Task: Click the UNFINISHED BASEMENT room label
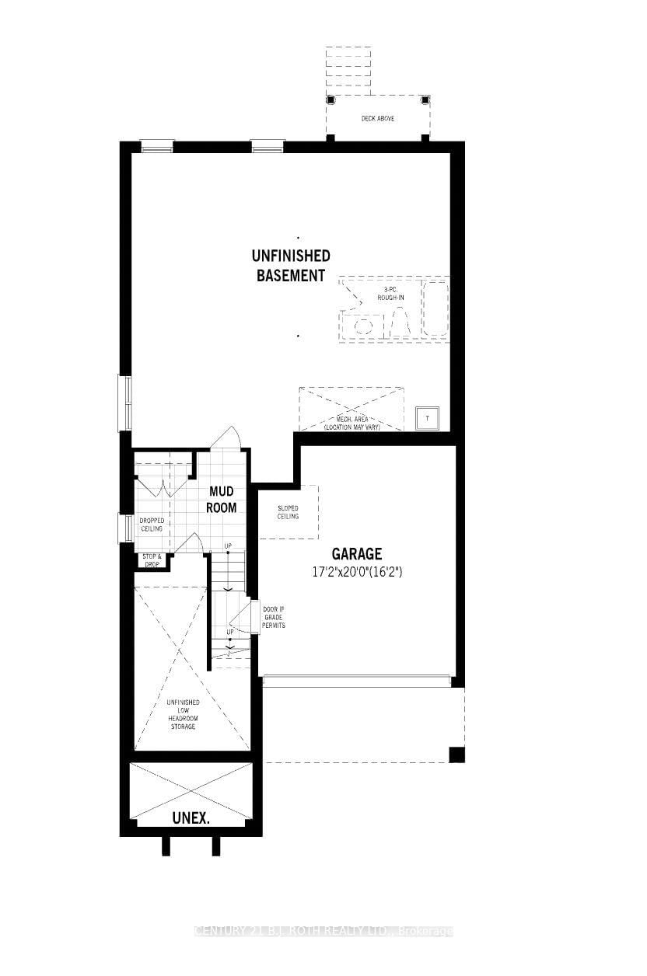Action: pos(290,265)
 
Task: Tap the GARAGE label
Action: pos(357,554)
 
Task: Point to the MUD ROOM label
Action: pos(222,500)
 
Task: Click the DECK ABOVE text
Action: pos(378,118)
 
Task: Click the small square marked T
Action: pos(427,418)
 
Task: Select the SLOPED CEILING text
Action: pos(288,513)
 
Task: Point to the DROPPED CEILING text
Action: pos(152,525)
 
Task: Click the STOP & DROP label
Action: pos(152,560)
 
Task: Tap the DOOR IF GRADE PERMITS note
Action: pos(274,617)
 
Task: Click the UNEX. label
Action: pos(191,818)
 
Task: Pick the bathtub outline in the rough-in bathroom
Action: pos(435,309)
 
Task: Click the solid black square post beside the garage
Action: pos(456,754)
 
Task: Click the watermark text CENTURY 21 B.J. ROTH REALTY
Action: pos(323,931)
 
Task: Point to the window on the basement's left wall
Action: pos(124,402)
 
